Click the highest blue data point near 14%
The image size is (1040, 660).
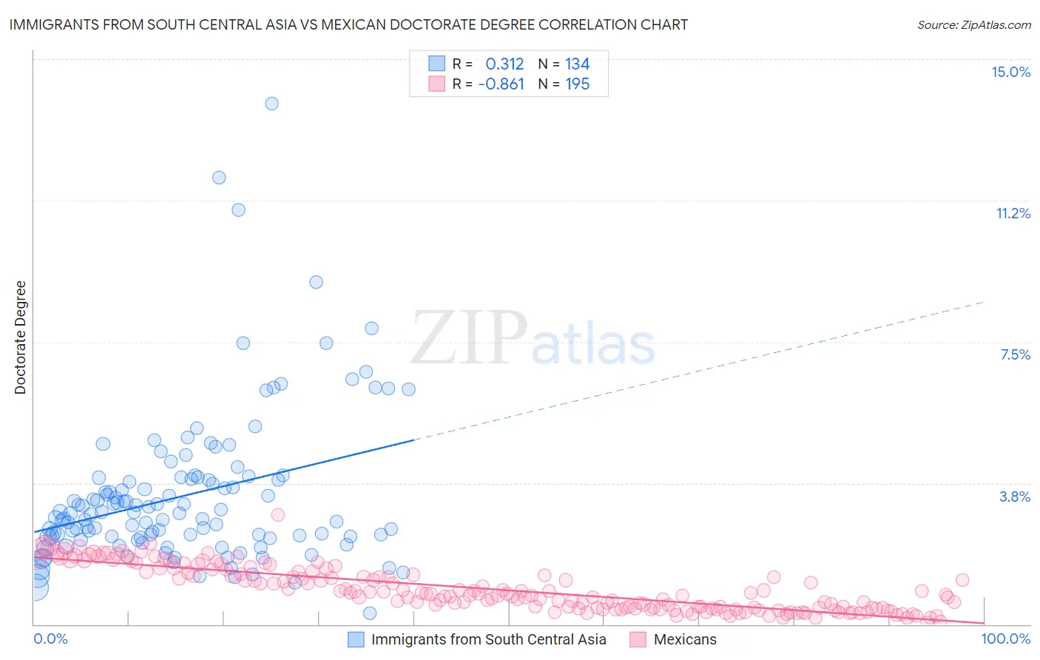[271, 104]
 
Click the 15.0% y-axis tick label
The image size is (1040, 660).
[1010, 72]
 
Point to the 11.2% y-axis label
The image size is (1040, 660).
[1013, 213]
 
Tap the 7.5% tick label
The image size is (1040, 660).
[1015, 354]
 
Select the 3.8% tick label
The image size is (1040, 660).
[1015, 496]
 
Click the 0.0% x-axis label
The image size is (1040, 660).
[50, 639]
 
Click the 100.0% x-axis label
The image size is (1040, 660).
[1005, 639]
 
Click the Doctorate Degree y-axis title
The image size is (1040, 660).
[20, 337]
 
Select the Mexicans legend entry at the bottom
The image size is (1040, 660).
[684, 639]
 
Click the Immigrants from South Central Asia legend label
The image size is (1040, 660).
[488, 639]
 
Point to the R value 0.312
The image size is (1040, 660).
[504, 64]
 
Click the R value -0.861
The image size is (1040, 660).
[502, 84]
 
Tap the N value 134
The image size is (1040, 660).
[577, 64]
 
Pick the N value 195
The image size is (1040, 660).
[577, 84]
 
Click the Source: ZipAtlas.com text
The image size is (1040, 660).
[973, 24]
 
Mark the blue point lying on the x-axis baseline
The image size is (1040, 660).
[370, 613]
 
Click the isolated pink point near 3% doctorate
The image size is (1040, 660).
[278, 514]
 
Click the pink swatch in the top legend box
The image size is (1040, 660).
[437, 84]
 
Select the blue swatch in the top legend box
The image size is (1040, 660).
[437, 64]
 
